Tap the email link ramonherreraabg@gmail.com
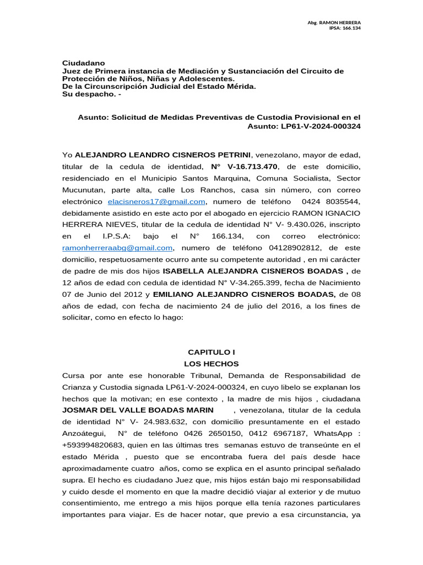click(x=118, y=248)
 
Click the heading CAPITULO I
click(x=211, y=352)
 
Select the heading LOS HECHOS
click(x=211, y=364)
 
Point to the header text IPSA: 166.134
click(x=345, y=28)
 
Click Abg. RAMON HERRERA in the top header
click(x=334, y=22)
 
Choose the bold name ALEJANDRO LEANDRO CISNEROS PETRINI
click(x=163, y=155)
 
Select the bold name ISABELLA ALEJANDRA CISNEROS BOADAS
click(x=254, y=271)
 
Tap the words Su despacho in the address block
click(x=89, y=94)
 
